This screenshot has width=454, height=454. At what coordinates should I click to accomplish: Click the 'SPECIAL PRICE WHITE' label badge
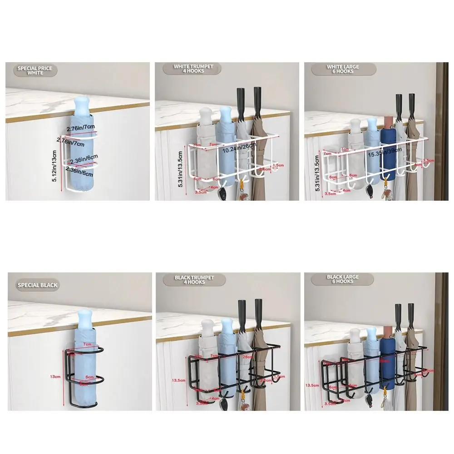point(35,70)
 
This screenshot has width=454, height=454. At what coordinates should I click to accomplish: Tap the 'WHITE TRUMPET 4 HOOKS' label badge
point(193,69)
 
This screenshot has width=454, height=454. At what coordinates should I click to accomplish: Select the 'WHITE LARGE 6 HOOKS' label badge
point(343,69)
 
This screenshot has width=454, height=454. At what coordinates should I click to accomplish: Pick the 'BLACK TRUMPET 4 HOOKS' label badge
point(194,279)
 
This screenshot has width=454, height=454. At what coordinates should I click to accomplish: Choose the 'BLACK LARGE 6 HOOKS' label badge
point(343,279)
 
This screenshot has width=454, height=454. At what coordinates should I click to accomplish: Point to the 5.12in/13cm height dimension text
point(55,167)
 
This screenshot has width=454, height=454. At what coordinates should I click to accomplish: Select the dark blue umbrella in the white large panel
point(387,154)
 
